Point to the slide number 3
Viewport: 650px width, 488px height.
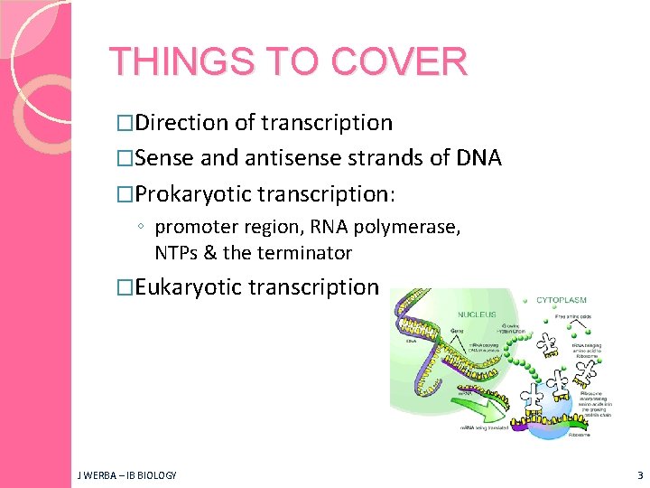click(639, 474)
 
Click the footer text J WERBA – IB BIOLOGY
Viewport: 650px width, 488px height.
click(126, 474)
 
